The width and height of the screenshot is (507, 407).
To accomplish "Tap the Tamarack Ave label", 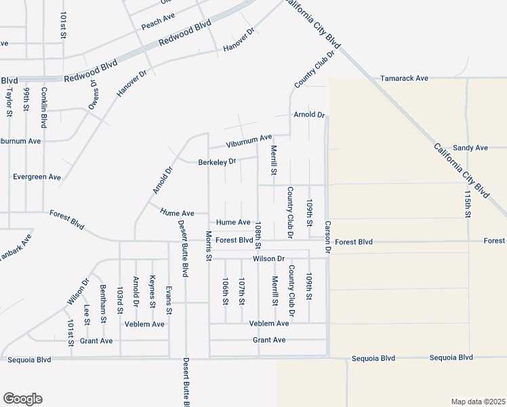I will (404, 79).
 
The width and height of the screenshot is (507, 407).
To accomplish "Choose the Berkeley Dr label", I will (217, 162).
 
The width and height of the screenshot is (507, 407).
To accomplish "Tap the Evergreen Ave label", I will (37, 177).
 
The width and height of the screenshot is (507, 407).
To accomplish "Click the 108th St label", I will (258, 232).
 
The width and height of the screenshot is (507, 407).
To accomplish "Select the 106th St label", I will (225, 292).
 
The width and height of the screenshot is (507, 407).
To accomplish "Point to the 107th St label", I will (241, 292).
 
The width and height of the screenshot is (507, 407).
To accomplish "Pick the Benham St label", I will (103, 303).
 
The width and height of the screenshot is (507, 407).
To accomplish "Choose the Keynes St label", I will (153, 291).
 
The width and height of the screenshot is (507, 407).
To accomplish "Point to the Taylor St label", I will (9, 101).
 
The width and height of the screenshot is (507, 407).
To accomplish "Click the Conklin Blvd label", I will (43, 107).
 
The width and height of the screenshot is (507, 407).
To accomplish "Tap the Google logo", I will (22, 398).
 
